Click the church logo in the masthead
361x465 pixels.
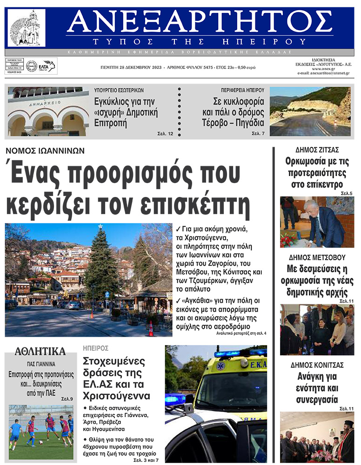pos(27,28)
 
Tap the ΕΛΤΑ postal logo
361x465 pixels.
pos(47,66)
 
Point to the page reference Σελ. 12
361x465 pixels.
pos(165,134)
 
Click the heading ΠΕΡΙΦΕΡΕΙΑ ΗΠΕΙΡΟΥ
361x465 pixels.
pos(242,90)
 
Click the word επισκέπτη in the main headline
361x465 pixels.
pos(201,204)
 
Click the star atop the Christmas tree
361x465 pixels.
pos(100,226)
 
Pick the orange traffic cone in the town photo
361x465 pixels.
pos(150,328)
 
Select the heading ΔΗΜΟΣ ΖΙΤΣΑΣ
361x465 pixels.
pos(317,150)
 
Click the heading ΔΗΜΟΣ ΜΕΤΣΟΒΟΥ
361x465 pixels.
pos(317,257)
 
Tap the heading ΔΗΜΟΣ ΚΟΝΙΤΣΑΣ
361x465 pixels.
pos(317,365)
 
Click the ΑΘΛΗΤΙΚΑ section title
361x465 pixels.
pos(40,351)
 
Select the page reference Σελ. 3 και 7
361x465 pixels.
pos(146,460)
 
